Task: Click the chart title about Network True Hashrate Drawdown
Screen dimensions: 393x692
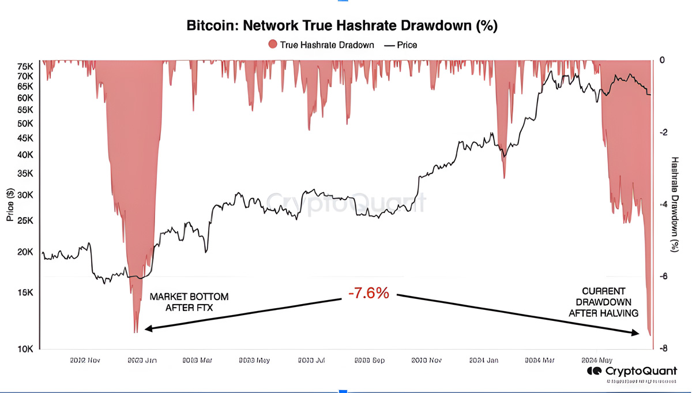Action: point(342,26)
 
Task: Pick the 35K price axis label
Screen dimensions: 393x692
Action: point(26,173)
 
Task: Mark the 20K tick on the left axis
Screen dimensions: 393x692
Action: point(26,252)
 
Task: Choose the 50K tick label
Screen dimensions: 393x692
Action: point(26,123)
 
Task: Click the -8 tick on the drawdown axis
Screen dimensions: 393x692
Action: point(664,349)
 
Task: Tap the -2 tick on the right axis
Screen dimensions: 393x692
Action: point(664,132)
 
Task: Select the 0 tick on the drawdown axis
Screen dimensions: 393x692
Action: point(663,60)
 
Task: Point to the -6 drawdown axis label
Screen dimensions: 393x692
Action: point(664,276)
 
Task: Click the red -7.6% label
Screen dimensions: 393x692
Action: point(368,293)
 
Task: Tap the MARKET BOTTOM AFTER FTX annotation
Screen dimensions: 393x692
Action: point(189,302)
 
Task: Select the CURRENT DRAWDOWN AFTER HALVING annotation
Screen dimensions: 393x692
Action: point(603,302)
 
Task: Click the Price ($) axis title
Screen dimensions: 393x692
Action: point(10,204)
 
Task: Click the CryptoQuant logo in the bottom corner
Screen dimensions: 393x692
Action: point(632,371)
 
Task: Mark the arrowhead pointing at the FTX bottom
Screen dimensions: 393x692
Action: point(148,329)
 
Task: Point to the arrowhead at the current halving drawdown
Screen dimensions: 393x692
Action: point(636,332)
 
